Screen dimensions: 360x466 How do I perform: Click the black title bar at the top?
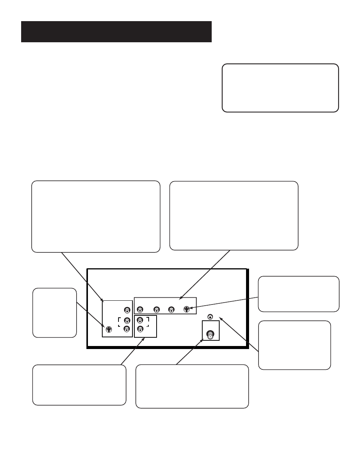click(x=116, y=32)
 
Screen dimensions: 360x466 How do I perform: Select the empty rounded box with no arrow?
click(x=280, y=88)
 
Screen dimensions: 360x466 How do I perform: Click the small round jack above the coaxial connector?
click(x=210, y=317)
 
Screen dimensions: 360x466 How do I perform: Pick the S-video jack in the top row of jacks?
click(x=186, y=310)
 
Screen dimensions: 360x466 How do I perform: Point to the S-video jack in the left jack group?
click(x=109, y=329)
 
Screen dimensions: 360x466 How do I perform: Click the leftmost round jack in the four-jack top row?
click(x=140, y=310)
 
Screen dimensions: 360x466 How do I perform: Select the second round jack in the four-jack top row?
click(x=156, y=310)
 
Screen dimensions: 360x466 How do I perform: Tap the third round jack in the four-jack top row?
click(x=171, y=310)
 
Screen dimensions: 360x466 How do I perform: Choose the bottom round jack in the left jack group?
click(x=127, y=329)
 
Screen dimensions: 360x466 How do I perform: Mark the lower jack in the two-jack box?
click(x=140, y=329)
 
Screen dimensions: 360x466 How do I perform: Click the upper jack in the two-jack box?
click(x=140, y=321)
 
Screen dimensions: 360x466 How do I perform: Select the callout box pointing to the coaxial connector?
click(x=192, y=386)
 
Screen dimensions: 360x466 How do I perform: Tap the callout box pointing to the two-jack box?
click(x=79, y=384)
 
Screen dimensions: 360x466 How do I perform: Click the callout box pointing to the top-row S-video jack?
click(x=298, y=294)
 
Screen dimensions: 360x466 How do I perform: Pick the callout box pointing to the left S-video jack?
click(x=54, y=312)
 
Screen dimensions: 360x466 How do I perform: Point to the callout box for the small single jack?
click(x=294, y=345)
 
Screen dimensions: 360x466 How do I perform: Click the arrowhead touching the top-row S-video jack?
click(x=191, y=309)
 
